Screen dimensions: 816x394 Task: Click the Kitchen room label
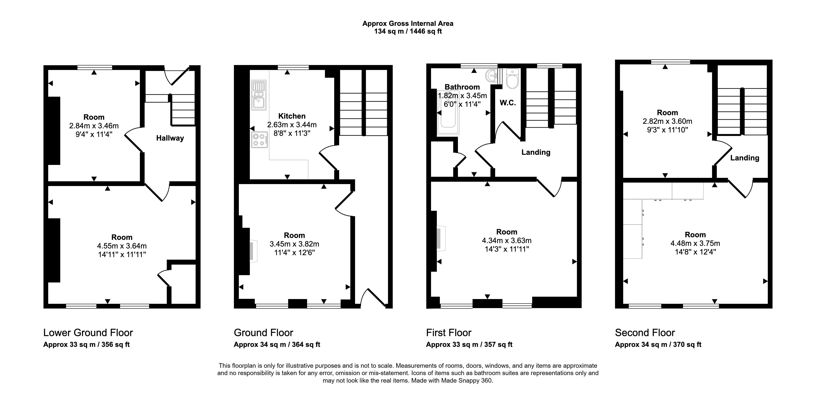click(x=292, y=116)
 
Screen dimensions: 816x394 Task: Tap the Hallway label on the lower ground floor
click(x=170, y=138)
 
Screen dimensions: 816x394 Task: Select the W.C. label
click(x=508, y=103)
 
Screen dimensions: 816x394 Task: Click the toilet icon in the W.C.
click(x=512, y=78)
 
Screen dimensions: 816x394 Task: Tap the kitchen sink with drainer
click(x=259, y=95)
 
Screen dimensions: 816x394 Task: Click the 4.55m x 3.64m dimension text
click(x=122, y=246)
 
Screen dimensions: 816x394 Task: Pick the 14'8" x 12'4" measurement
click(x=695, y=252)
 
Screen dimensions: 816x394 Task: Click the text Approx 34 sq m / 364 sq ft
click(x=277, y=344)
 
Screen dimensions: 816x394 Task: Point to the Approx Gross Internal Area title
click(x=408, y=23)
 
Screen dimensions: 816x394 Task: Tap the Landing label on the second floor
click(x=745, y=158)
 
